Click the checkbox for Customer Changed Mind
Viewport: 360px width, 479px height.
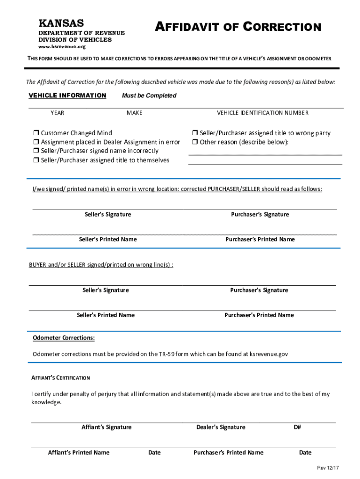tap(36, 133)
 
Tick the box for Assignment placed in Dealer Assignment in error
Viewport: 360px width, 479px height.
tap(36, 142)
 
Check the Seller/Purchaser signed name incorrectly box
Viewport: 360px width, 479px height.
tap(36, 151)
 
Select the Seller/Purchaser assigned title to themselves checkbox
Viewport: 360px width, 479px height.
tap(36, 160)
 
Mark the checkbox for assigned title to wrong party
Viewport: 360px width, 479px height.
tap(195, 133)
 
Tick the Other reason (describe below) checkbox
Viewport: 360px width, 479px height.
tap(195, 142)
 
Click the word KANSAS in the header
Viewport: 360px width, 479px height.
tap(61, 23)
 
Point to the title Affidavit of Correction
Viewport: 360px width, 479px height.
tap(238, 27)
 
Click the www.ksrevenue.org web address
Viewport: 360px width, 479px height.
tap(62, 47)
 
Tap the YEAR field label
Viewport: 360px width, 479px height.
tap(58, 113)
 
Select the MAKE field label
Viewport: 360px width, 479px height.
tap(134, 113)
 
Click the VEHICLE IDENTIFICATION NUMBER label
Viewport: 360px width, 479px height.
tap(262, 113)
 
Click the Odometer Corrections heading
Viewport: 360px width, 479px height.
tap(64, 338)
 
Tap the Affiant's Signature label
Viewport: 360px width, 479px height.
tap(107, 427)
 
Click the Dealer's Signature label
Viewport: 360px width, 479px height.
tap(221, 427)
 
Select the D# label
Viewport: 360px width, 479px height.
tap(297, 427)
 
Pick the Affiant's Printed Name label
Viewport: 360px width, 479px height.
tap(79, 452)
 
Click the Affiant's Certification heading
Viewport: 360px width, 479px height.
tap(60, 377)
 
